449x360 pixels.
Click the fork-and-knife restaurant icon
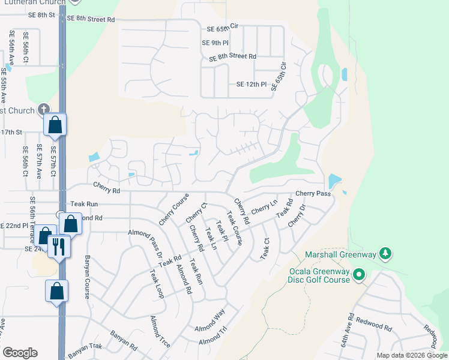59,246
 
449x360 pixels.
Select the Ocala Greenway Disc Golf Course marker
359,275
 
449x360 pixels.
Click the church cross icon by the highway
43,109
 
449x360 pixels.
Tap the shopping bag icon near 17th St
55,125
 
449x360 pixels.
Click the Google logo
20,352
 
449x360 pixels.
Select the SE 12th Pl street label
250,85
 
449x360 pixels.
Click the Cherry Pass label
313,194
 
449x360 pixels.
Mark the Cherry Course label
174,209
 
